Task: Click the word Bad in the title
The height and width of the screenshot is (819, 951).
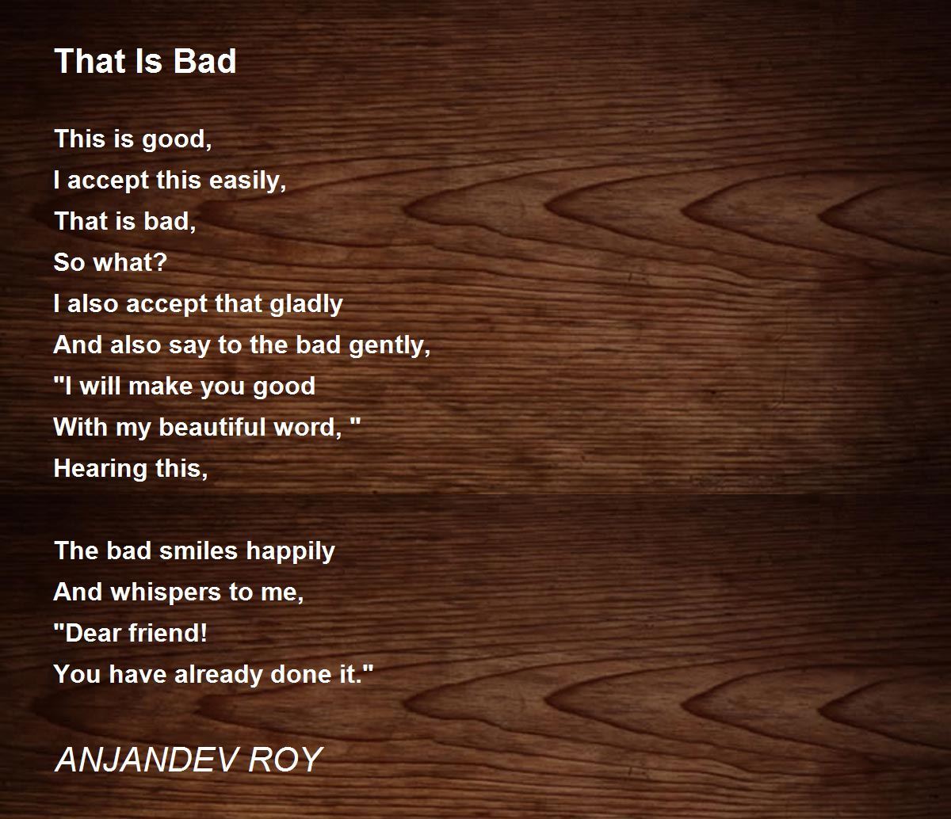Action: [204, 61]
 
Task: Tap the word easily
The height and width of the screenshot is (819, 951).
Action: [247, 180]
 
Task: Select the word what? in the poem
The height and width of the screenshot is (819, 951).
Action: [130, 262]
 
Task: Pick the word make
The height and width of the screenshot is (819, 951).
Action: [161, 386]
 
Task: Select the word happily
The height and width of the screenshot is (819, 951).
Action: [290, 551]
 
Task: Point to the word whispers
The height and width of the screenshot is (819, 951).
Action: [166, 592]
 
